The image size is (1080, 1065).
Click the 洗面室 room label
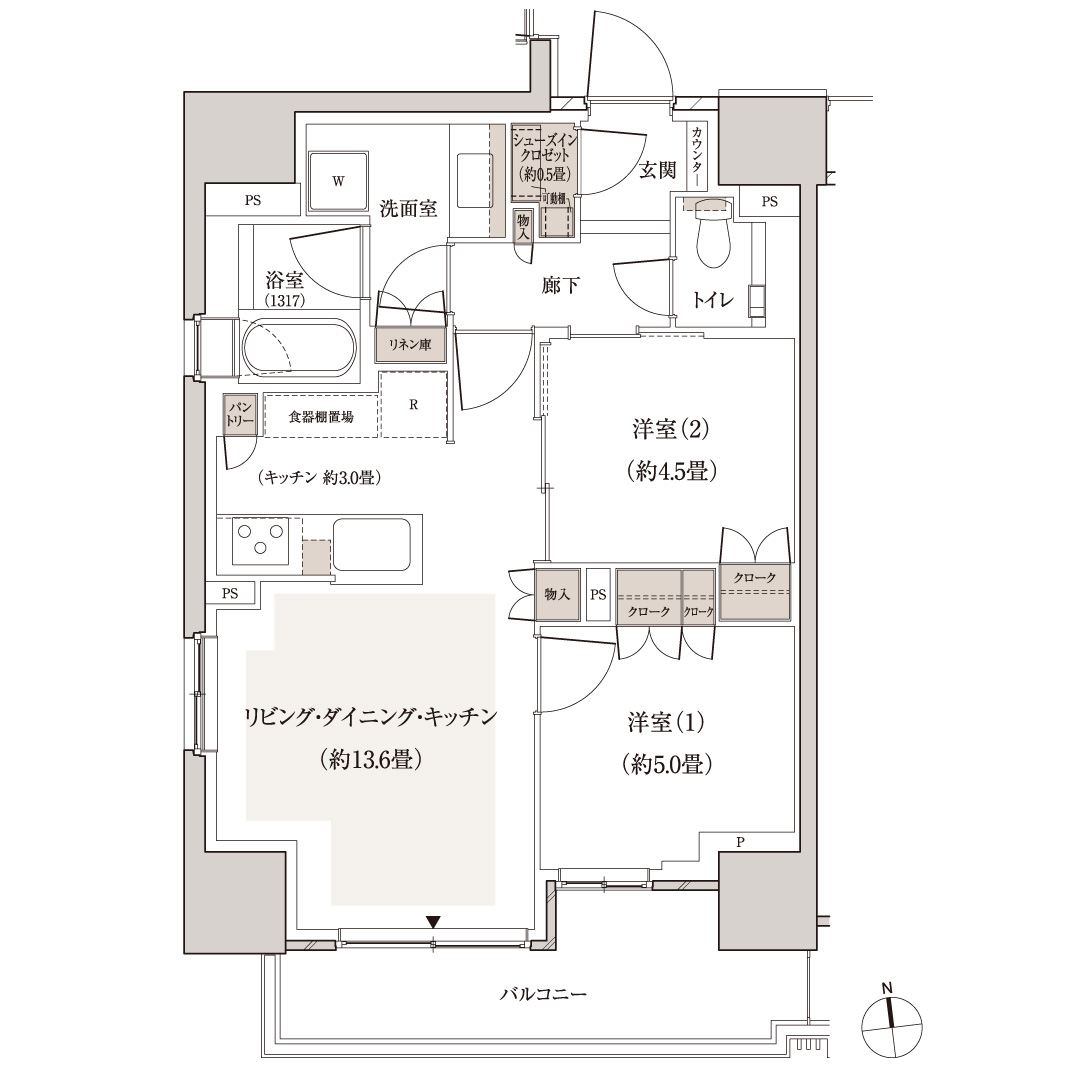pyautogui.click(x=408, y=209)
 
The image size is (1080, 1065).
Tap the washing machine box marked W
pyautogui.click(x=338, y=182)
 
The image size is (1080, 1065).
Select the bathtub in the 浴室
pyautogui.click(x=298, y=349)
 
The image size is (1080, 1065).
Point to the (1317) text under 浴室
pyautogui.click(x=285, y=300)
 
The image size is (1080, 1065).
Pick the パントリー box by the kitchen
pyautogui.click(x=241, y=415)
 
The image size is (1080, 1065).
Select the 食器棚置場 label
pyautogui.click(x=320, y=416)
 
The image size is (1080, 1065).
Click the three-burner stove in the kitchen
pyautogui.click(x=260, y=541)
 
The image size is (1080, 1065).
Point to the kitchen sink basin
pyautogui.click(x=371, y=545)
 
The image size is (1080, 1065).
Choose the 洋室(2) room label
pyautogui.click(x=670, y=430)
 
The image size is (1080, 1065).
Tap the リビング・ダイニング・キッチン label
pyautogui.click(x=371, y=717)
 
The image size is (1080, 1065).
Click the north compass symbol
pyautogui.click(x=890, y=1025)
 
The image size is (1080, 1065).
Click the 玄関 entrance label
pyautogui.click(x=657, y=170)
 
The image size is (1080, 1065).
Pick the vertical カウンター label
pyautogui.click(x=696, y=156)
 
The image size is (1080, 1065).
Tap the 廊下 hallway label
pyautogui.click(x=561, y=286)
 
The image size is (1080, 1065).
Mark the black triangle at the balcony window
pyautogui.click(x=433, y=922)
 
